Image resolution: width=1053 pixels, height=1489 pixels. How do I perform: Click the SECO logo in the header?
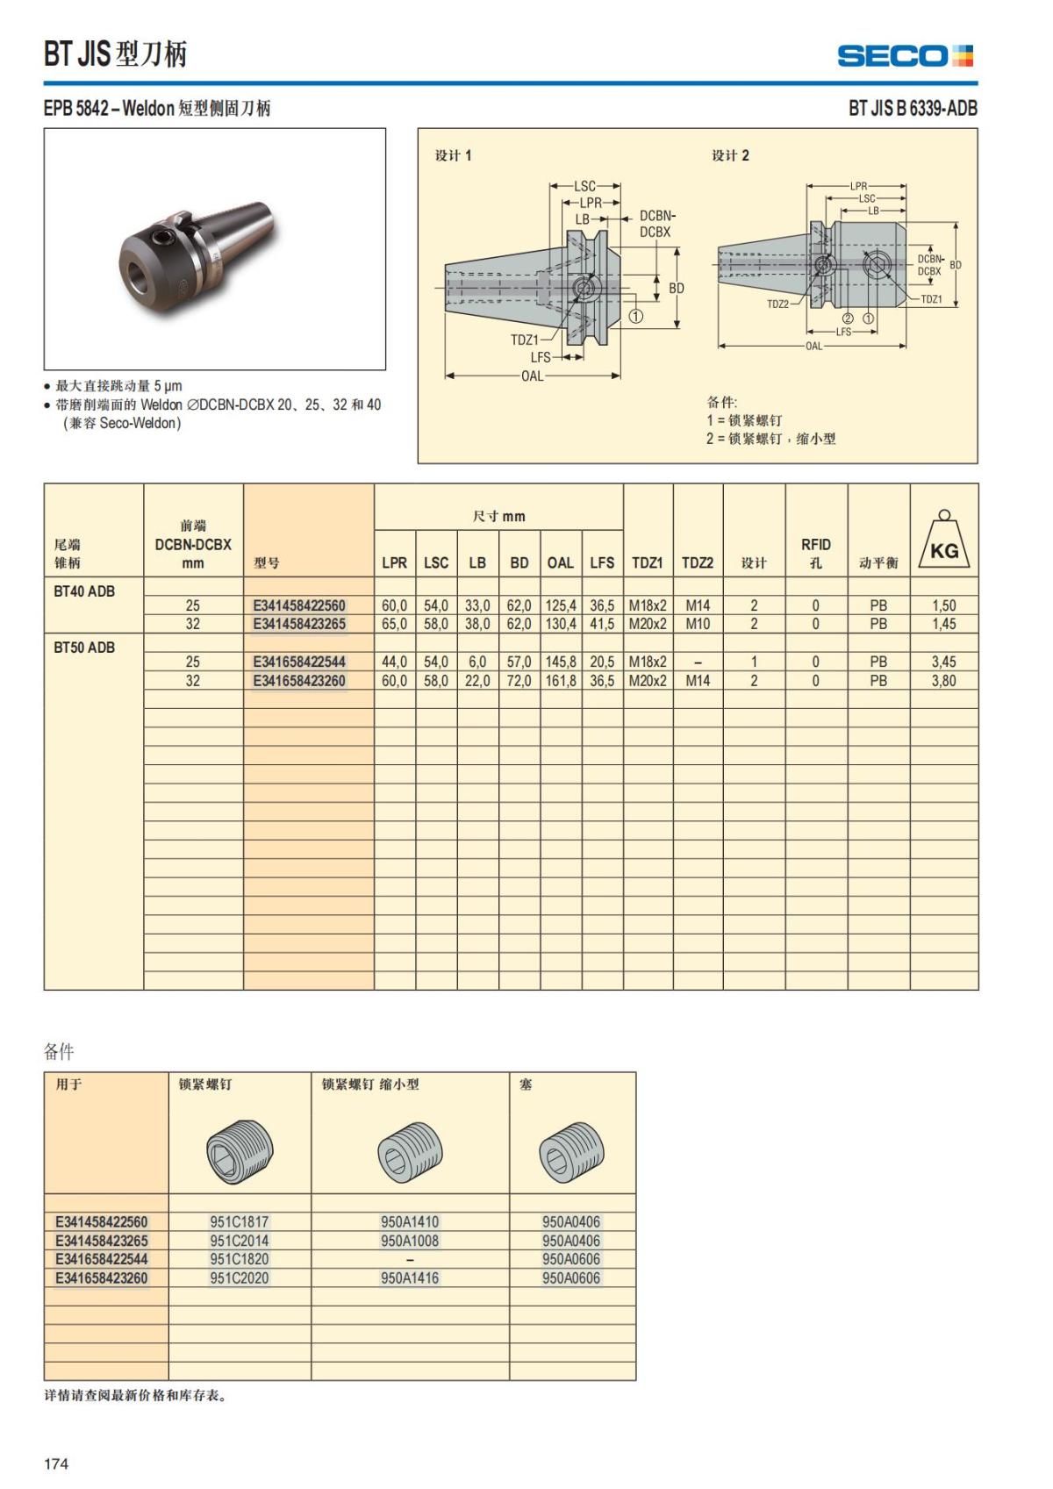(x=905, y=56)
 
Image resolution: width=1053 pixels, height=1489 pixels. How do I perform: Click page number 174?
(x=56, y=1464)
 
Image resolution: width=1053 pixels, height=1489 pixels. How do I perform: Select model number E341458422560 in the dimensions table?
(x=299, y=605)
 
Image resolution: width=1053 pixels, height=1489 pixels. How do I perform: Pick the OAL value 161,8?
(x=561, y=681)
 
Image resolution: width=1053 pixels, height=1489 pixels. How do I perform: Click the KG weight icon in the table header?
(x=944, y=540)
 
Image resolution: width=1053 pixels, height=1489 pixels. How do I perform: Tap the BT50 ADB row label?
(x=84, y=648)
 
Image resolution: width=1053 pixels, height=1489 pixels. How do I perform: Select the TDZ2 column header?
(x=698, y=562)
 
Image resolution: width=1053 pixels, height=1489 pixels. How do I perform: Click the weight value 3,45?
(x=944, y=662)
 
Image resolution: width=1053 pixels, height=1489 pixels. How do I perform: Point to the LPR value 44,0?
(x=394, y=662)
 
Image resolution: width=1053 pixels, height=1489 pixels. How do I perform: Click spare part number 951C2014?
(x=239, y=1241)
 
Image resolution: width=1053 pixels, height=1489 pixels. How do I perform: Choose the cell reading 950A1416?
(x=410, y=1278)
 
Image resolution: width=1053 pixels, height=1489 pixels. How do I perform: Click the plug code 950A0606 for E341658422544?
(x=571, y=1259)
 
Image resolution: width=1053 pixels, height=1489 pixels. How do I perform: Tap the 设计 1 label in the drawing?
(x=453, y=155)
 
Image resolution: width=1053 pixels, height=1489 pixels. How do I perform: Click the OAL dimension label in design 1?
(x=533, y=376)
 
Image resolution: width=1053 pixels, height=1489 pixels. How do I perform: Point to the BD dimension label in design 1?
(x=677, y=288)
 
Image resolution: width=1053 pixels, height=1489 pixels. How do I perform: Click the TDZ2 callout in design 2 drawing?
(x=777, y=304)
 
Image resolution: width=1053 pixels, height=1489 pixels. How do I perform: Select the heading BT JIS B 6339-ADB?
(x=913, y=108)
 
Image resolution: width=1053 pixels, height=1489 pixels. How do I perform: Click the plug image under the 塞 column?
(x=571, y=1150)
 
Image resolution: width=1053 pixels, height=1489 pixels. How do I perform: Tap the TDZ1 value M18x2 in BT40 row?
(x=648, y=605)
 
